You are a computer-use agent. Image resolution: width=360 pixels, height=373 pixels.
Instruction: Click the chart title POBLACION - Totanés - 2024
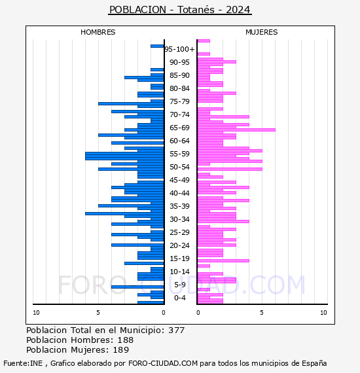pyautogui.click(x=180, y=10)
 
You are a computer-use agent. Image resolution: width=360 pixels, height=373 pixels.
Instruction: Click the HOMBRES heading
pyautogui.click(x=98, y=32)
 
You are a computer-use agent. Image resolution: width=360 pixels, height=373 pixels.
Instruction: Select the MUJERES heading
pyautogui.click(x=262, y=32)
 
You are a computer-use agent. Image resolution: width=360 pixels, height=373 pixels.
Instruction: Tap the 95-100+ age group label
pyautogui.click(x=179, y=49)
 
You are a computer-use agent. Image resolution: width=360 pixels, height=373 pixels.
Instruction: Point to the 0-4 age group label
pyautogui.click(x=179, y=298)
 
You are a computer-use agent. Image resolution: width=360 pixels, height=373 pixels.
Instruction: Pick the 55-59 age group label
pyautogui.click(x=179, y=154)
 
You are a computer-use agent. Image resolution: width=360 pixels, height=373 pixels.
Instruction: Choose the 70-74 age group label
pyautogui.click(x=179, y=115)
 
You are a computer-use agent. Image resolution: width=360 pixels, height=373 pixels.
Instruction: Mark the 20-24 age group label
pyautogui.click(x=179, y=245)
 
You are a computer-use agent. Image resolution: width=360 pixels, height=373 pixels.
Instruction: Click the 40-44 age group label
pyautogui.click(x=179, y=193)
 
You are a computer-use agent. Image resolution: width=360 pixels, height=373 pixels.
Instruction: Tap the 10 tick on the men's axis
pyautogui.click(x=36, y=313)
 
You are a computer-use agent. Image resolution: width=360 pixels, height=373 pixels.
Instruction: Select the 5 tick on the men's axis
pyautogui.click(x=98, y=313)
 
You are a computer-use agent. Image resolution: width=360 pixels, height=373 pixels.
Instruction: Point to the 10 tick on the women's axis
pyautogui.click(x=323, y=313)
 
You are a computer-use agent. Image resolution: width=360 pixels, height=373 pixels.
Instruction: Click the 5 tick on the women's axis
pyautogui.click(x=262, y=313)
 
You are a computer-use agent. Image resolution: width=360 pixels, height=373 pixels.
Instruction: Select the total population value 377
pyautogui.click(x=176, y=330)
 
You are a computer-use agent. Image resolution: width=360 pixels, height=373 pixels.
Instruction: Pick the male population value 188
pyautogui.click(x=126, y=340)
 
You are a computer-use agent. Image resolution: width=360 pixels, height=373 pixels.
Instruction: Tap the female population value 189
pyautogui.click(x=121, y=349)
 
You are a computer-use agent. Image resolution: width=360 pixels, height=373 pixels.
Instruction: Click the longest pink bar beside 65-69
pyautogui.click(x=236, y=130)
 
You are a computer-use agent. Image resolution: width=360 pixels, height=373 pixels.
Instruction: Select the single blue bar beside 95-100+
pyautogui.click(x=157, y=46)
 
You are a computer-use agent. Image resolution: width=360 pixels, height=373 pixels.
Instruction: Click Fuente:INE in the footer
pyautogui.click(x=23, y=363)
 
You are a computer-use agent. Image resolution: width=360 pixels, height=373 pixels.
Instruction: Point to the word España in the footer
pyautogui.click(x=314, y=363)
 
